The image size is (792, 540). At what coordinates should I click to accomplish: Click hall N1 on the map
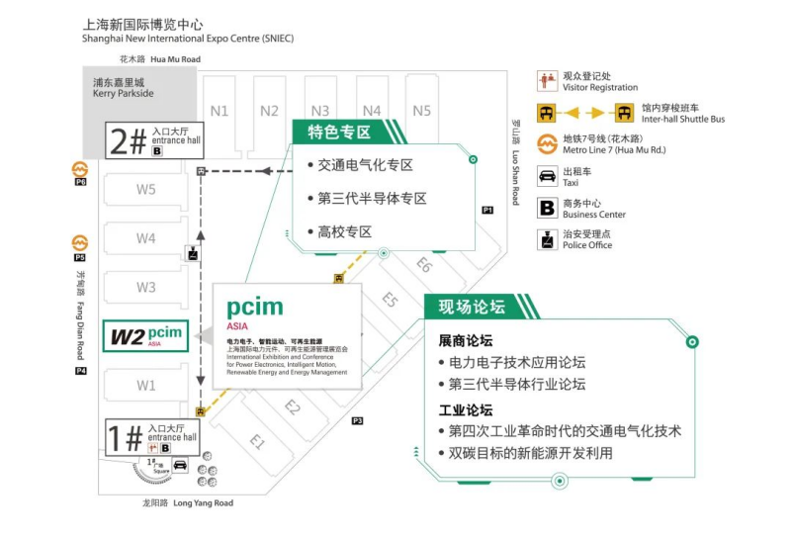pos(220,111)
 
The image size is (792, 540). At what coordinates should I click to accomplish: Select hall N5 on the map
pos(422,111)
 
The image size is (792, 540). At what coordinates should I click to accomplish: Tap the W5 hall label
pos(146,190)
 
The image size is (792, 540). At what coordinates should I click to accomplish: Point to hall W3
pos(146,288)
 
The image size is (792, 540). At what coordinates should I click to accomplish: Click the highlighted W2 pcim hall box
pos(146,336)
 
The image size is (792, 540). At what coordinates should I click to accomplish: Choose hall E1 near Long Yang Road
pos(257,442)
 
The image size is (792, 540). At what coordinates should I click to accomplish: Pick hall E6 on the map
pos(424,264)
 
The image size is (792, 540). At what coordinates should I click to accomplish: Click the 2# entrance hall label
pos(153,141)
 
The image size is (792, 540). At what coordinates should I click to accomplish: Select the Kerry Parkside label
pos(124,88)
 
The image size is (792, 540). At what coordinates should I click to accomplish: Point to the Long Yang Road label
pos(189,503)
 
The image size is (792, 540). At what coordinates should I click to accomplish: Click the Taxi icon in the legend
pos(546,177)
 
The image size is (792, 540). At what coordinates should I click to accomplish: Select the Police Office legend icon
pos(546,239)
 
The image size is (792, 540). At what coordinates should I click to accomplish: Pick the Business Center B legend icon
pos(546,208)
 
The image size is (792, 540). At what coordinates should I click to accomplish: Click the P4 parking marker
pos(81,371)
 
